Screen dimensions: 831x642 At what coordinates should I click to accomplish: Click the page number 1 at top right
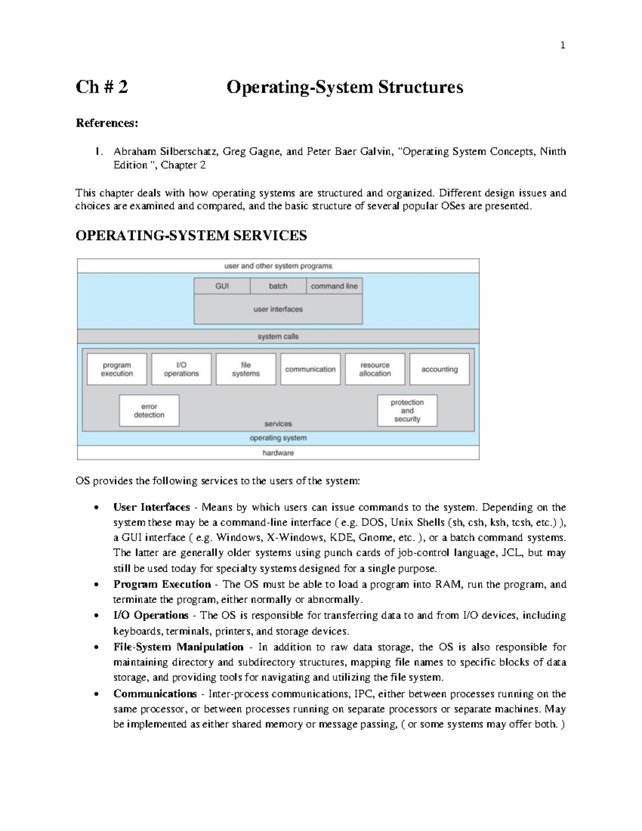click(x=562, y=45)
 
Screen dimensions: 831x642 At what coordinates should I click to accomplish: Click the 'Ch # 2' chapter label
click(x=102, y=87)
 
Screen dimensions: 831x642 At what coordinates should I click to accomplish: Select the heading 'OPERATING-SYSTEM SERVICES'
click(x=191, y=235)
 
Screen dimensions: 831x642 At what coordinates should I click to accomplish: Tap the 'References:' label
click(x=106, y=123)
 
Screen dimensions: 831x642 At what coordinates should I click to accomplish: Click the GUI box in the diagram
click(x=222, y=286)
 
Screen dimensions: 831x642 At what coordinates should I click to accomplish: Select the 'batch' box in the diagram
click(x=278, y=286)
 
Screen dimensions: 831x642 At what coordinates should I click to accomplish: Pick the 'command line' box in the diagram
click(x=334, y=286)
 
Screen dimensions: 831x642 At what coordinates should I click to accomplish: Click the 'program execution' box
click(x=117, y=369)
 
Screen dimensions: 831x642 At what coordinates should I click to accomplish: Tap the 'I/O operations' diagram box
click(x=181, y=369)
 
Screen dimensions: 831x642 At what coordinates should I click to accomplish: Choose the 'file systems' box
click(x=246, y=369)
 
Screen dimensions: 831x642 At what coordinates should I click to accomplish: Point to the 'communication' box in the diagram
click(x=310, y=369)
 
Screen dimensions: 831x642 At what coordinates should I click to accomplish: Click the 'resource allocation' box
click(x=375, y=369)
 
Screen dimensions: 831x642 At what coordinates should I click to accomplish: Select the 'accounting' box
click(x=439, y=369)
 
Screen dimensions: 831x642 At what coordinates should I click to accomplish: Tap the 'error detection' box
click(x=149, y=410)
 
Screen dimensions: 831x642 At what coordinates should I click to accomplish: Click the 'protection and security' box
click(x=407, y=410)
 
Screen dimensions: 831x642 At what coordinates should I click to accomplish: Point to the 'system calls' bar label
click(x=278, y=337)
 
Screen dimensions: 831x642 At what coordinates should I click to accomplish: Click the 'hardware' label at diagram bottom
click(x=278, y=453)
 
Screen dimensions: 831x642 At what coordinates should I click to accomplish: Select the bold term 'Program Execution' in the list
click(x=162, y=584)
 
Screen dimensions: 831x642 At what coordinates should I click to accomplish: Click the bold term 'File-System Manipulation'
click(x=178, y=647)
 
